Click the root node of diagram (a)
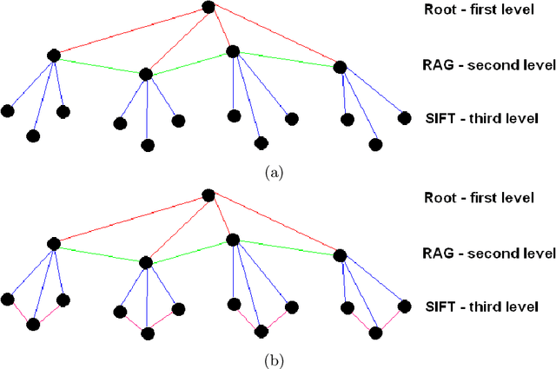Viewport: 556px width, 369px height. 208,7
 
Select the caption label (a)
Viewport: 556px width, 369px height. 276,173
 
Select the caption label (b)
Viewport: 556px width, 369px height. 276,359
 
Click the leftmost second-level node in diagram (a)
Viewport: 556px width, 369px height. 53,56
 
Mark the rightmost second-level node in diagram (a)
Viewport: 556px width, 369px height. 340,67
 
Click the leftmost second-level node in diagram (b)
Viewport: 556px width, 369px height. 53,244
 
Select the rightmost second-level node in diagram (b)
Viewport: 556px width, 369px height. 340,255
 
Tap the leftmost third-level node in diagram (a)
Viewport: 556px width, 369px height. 7,110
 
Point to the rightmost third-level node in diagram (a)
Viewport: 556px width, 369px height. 403,116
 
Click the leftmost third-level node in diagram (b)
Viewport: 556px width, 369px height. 7,300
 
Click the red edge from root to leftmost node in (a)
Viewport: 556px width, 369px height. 130,31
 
